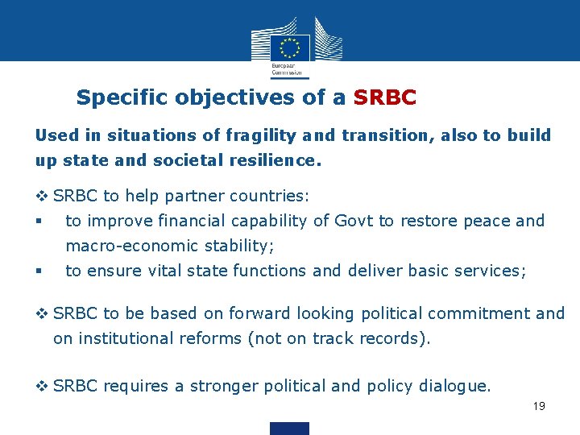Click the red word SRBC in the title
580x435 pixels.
[x=385, y=98]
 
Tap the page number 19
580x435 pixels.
[x=539, y=406]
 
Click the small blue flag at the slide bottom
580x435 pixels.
[x=289, y=428]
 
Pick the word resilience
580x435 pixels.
[x=275, y=160]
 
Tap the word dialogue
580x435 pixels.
[x=454, y=386]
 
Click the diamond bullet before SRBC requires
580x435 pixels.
[x=42, y=386]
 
